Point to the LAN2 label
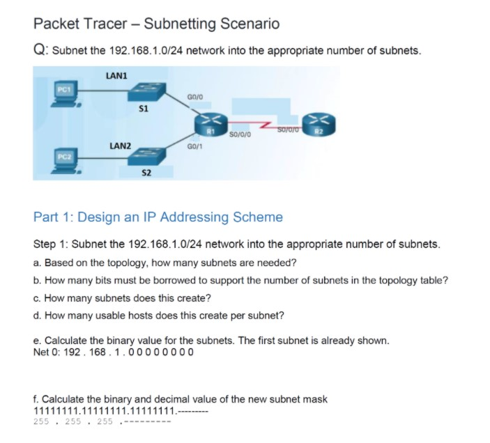[120, 146]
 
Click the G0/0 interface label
[195, 97]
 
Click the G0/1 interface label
[195, 148]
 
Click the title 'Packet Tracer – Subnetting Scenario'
[156, 24]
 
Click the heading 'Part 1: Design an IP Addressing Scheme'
[158, 217]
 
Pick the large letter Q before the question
[39, 49]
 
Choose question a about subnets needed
[165, 263]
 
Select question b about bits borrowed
[240, 281]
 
